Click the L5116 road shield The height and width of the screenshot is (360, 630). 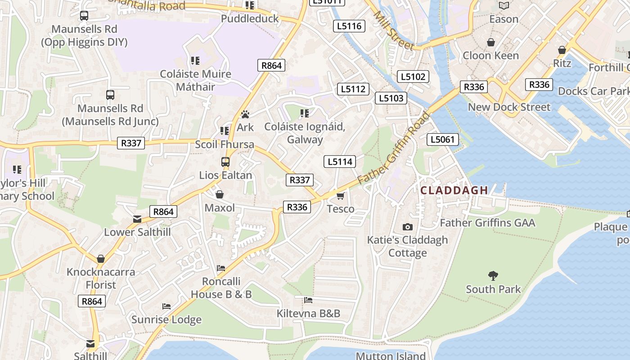pos(349,26)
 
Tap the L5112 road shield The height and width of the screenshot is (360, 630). pos(353,89)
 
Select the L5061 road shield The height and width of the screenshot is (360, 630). pos(443,139)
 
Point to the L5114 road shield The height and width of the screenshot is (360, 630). pos(340,162)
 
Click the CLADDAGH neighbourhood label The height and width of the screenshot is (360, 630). pos(454,190)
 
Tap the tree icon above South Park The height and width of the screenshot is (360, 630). pos(493,275)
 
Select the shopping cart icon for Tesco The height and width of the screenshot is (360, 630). pos(341,196)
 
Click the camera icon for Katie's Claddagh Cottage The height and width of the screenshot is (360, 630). pos(408,227)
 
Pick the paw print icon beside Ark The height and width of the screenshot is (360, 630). pos(245,115)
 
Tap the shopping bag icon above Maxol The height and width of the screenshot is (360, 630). pos(220,194)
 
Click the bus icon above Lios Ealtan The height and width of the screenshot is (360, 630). pos(225,162)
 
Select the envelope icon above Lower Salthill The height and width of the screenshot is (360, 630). pos(137,219)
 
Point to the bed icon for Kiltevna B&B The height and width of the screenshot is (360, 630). pos(308,300)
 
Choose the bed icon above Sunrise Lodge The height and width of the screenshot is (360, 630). pos(166,306)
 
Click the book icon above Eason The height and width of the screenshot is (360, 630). pos(504,6)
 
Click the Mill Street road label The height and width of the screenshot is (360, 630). pos(393,31)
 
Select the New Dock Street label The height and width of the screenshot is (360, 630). pos(509,107)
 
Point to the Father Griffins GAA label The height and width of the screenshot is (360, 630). pos(487,223)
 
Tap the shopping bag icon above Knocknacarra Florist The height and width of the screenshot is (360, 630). pos(101,259)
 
